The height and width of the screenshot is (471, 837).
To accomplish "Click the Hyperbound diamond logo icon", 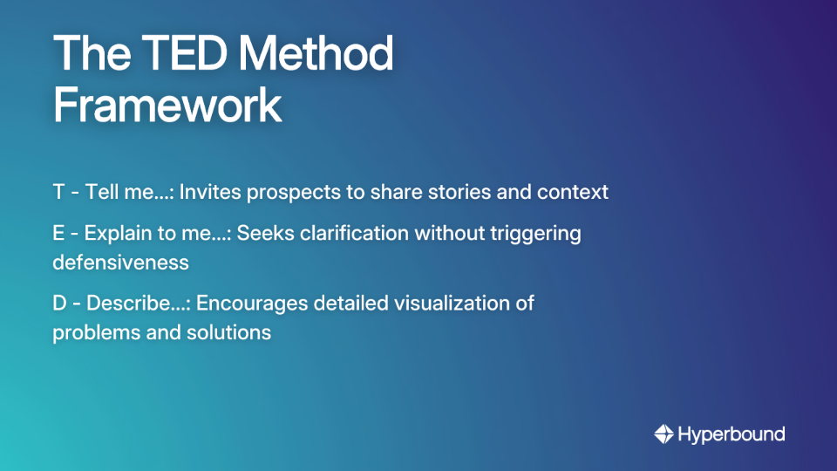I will coord(663,433).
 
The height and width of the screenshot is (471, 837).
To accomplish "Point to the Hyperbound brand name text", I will coord(732,433).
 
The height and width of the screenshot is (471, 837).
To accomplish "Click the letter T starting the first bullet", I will coord(59,192).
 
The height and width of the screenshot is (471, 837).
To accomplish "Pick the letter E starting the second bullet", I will coord(58,234).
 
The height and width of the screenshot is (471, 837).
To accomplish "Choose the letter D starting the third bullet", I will coord(60,304).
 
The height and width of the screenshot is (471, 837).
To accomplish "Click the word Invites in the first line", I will coord(210,192).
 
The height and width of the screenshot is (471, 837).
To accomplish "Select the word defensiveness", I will coord(120,262).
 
